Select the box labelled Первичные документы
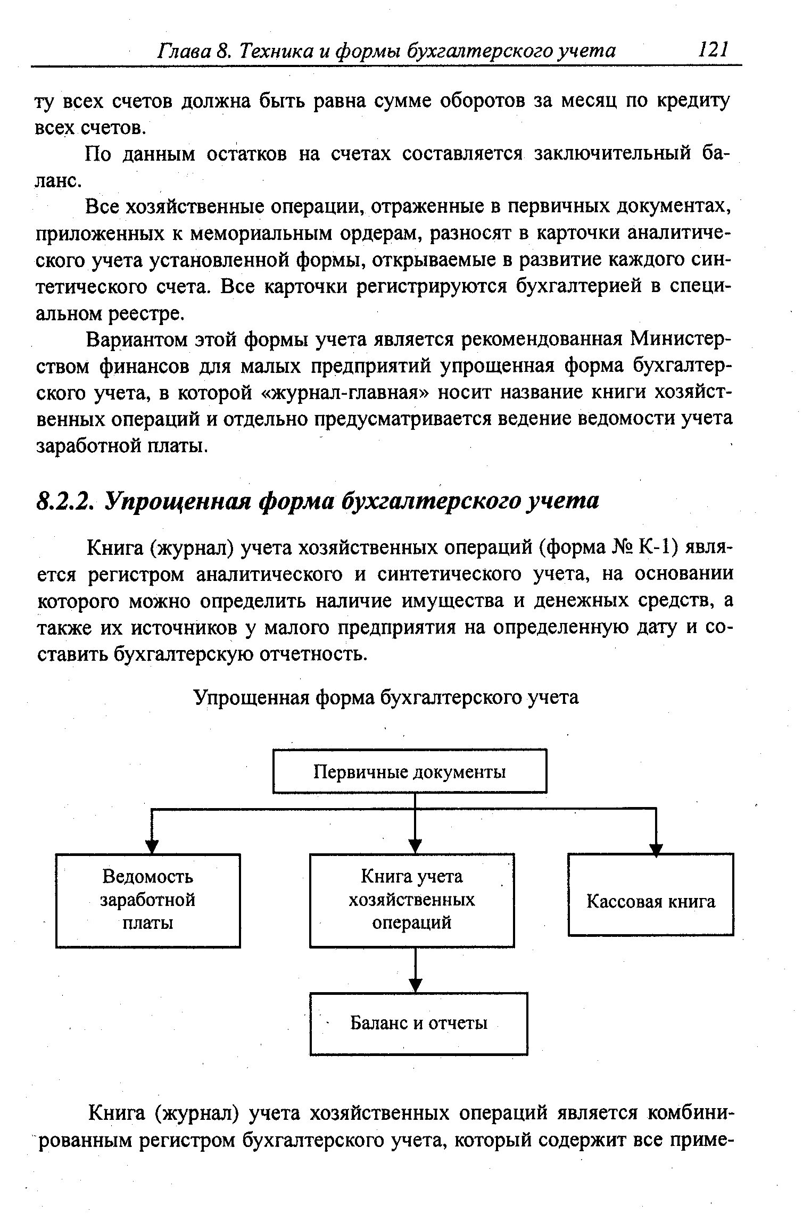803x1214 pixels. point(409,771)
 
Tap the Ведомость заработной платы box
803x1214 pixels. point(148,900)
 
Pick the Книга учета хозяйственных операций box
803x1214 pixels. point(411,900)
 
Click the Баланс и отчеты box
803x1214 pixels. point(419,1023)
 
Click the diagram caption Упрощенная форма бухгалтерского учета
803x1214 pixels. point(386,697)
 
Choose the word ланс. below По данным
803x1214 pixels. point(59,181)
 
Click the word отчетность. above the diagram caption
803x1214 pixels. point(314,654)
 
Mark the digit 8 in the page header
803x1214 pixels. point(223,51)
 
